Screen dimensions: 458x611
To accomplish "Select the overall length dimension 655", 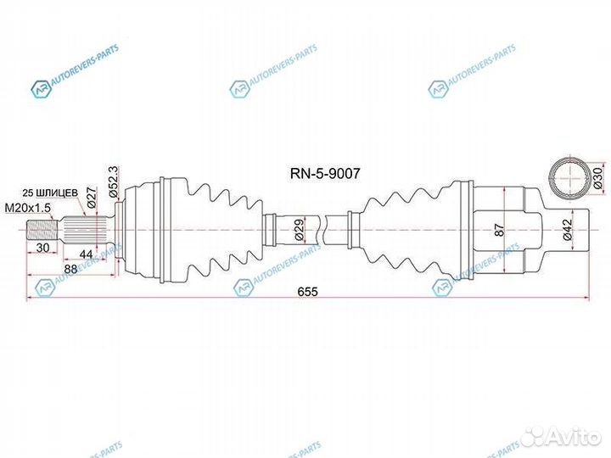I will [x=307, y=291].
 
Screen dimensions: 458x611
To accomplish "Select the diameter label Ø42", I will [x=567, y=230].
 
